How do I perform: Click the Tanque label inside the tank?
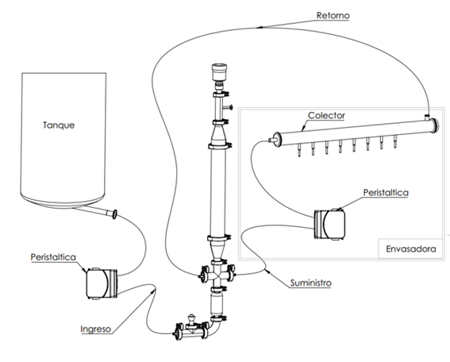59,125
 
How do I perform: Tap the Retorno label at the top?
333,15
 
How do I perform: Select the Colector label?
326,115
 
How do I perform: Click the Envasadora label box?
410,248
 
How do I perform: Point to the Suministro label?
311,283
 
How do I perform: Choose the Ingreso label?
95,329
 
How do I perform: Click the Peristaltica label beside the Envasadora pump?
386,192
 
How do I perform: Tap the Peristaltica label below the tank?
53,257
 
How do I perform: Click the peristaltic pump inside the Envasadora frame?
329,225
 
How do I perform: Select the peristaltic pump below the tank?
102,283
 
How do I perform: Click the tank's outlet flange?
114,214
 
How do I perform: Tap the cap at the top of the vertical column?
219,72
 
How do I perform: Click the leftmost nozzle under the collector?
299,150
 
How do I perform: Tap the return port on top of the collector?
427,117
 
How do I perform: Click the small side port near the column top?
228,107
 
